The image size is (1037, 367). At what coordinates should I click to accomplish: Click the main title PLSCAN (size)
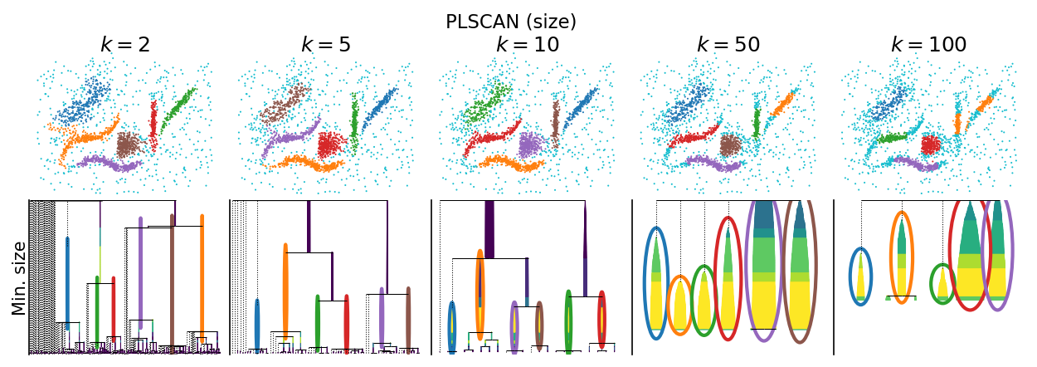click(x=511, y=22)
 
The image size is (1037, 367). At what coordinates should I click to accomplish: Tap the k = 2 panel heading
click(x=125, y=45)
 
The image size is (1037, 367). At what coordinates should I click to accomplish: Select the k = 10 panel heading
click(x=528, y=45)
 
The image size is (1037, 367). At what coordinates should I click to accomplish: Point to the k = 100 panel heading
click(x=929, y=45)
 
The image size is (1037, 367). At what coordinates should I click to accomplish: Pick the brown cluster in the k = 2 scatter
click(x=129, y=145)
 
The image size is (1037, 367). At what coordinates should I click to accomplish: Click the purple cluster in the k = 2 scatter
click(x=110, y=163)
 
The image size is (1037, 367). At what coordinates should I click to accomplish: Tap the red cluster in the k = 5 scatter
click(x=332, y=145)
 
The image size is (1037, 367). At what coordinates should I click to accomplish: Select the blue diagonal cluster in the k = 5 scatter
click(x=380, y=110)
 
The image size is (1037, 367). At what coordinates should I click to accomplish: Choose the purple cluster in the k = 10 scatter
click(x=533, y=145)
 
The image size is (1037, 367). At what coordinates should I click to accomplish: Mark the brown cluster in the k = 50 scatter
click(x=731, y=145)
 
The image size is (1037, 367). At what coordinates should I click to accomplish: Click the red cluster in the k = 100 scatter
click(x=932, y=145)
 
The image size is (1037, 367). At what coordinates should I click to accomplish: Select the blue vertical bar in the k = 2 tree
click(x=67, y=283)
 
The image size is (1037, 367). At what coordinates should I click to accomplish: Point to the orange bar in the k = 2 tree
click(x=202, y=278)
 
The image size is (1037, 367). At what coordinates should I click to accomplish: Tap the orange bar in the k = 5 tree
click(x=285, y=291)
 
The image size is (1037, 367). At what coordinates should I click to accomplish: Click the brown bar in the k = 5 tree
click(x=408, y=318)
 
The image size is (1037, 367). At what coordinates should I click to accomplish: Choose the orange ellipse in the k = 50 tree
click(x=668, y=306)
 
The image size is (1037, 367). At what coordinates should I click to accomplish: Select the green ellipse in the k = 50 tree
click(x=691, y=301)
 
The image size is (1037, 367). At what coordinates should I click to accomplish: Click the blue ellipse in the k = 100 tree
click(x=850, y=276)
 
